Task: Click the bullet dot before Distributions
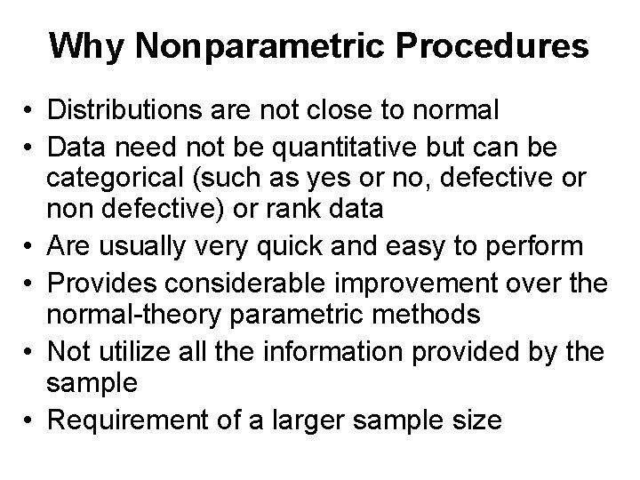pos(30,111)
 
